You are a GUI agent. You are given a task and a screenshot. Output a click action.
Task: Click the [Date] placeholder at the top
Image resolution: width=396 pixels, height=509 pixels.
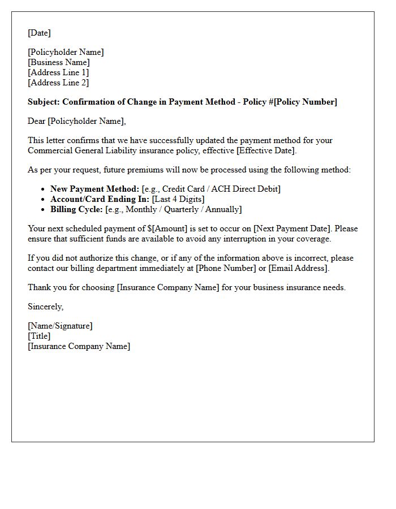pyautogui.click(x=39, y=33)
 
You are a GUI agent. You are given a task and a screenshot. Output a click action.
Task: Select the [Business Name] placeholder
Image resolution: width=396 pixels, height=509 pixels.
pyautogui.click(x=59, y=62)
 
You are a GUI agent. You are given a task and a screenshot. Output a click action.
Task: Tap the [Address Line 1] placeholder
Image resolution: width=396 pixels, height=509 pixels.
pyautogui.click(x=58, y=72)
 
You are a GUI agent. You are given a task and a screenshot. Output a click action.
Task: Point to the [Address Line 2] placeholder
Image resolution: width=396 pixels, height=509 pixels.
pyautogui.click(x=58, y=83)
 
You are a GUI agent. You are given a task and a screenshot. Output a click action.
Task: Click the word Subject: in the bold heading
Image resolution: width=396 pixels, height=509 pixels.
pyautogui.click(x=44, y=102)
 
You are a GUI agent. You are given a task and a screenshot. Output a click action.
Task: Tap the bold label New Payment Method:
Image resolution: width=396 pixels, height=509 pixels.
pyautogui.click(x=94, y=189)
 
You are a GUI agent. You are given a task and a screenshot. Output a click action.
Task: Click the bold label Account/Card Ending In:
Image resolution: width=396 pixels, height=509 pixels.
pyautogui.click(x=100, y=199)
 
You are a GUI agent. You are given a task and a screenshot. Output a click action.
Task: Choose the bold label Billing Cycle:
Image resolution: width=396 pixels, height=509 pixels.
pyautogui.click(x=77, y=209)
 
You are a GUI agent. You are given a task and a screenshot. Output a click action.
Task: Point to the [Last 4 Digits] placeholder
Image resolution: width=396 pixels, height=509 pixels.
pyautogui.click(x=178, y=199)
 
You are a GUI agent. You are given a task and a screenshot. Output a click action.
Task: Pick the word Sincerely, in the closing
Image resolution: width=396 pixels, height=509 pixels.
pyautogui.click(x=45, y=307)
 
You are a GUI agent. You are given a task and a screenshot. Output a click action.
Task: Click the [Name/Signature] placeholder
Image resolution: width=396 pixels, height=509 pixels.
pyautogui.click(x=60, y=326)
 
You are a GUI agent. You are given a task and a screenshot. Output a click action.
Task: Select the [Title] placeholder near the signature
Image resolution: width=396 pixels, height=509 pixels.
pyautogui.click(x=39, y=336)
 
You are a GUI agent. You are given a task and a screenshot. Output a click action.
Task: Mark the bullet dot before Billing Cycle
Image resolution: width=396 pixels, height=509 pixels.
pyautogui.click(x=44, y=209)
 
